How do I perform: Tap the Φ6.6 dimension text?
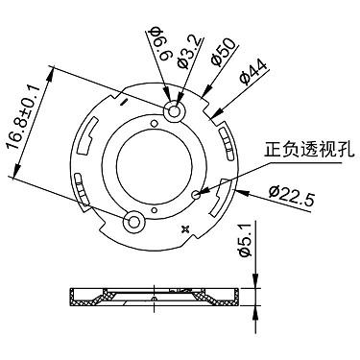[x=161, y=44]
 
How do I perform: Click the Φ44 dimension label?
[x=252, y=73]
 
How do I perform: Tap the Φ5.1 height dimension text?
[x=246, y=240]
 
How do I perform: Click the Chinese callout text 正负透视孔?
[x=309, y=150]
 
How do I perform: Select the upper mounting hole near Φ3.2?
[x=175, y=111]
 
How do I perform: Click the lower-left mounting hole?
[x=133, y=222]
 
